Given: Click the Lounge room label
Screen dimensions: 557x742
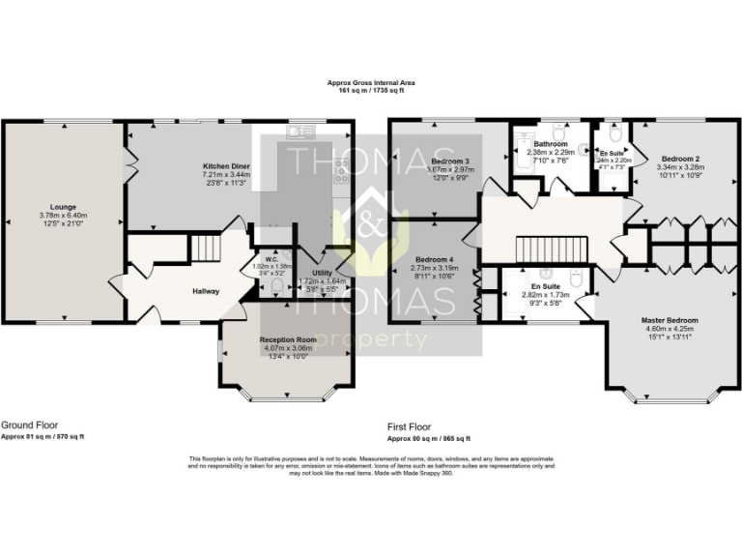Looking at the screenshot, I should (64, 206).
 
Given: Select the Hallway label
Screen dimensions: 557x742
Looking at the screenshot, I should (205, 291).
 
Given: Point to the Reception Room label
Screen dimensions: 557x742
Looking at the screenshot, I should (288, 340).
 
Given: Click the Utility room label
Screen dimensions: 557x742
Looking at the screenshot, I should (322, 274).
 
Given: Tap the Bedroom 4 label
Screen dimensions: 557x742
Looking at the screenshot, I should (434, 260).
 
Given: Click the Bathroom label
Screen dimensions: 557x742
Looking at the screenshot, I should (551, 144).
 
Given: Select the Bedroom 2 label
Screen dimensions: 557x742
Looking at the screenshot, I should (681, 158).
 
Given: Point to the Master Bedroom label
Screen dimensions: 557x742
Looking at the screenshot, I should (669, 319).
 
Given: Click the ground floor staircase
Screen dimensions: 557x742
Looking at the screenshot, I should (205, 250).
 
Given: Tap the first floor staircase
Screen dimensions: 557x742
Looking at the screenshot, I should (550, 250).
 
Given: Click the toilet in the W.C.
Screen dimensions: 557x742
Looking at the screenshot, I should (277, 285).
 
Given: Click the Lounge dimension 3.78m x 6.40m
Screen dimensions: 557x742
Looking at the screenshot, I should (64, 215).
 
